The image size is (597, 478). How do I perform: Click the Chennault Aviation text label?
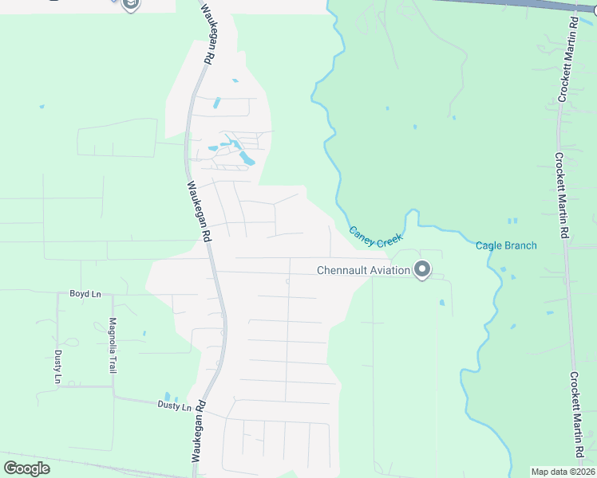(x=363, y=270)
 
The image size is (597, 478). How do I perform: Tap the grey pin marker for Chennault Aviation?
(x=422, y=271)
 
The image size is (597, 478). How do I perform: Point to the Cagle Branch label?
(x=506, y=245)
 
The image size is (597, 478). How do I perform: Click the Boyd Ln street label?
(x=85, y=294)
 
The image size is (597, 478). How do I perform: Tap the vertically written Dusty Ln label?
(x=57, y=366)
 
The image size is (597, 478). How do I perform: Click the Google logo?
(x=26, y=468)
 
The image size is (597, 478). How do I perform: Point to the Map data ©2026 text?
(x=563, y=472)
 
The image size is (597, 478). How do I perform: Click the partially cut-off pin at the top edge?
(x=132, y=4)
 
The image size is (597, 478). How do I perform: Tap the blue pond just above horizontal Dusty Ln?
(x=167, y=396)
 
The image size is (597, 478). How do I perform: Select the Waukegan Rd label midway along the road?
(x=198, y=211)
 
